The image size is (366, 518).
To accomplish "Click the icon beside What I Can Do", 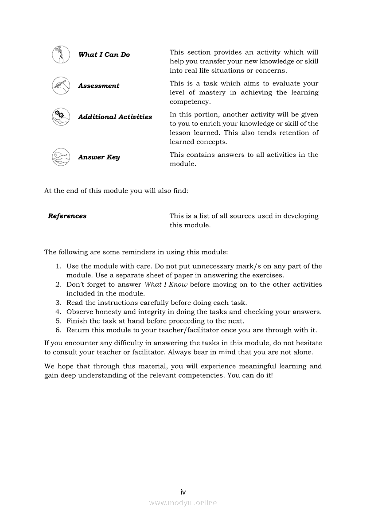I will coord(61,55).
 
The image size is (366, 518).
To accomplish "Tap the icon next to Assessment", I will coord(61,86).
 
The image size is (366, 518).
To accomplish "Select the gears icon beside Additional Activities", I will coord(61,117).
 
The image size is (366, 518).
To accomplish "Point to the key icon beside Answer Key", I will coord(61,157).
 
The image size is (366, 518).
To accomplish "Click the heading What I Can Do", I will coord(104,55).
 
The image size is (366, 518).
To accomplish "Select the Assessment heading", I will coord(99,86).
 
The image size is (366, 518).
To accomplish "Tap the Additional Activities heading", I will coord(115,117).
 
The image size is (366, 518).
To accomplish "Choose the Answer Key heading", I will coord(99,157).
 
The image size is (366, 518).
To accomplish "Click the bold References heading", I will coord(67,216).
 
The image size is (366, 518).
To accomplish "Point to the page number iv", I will coord(183,492).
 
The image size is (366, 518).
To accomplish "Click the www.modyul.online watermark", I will coord(183,502).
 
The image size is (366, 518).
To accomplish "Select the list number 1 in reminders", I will coord(58,266).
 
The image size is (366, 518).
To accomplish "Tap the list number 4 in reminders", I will coord(58,312).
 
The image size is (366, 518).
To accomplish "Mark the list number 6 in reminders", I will coord(58,330).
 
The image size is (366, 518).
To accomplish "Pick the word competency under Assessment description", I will coord(184,102).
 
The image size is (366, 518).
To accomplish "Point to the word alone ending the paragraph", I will coord(303,352).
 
